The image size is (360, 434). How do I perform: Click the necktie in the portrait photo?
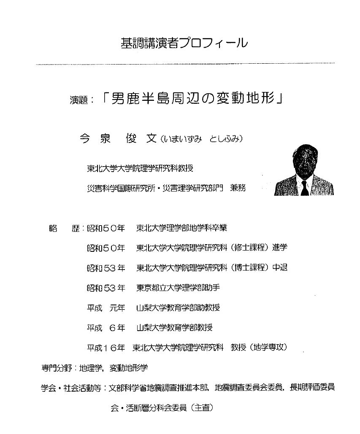[305, 188]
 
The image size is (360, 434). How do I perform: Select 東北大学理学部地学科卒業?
[181, 228]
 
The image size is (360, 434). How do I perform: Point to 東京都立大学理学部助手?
[178, 288]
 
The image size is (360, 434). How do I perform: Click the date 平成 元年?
[106, 308]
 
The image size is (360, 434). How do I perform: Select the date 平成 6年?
[106, 328]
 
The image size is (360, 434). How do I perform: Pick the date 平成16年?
[106, 348]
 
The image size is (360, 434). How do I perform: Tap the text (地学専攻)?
[268, 348]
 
